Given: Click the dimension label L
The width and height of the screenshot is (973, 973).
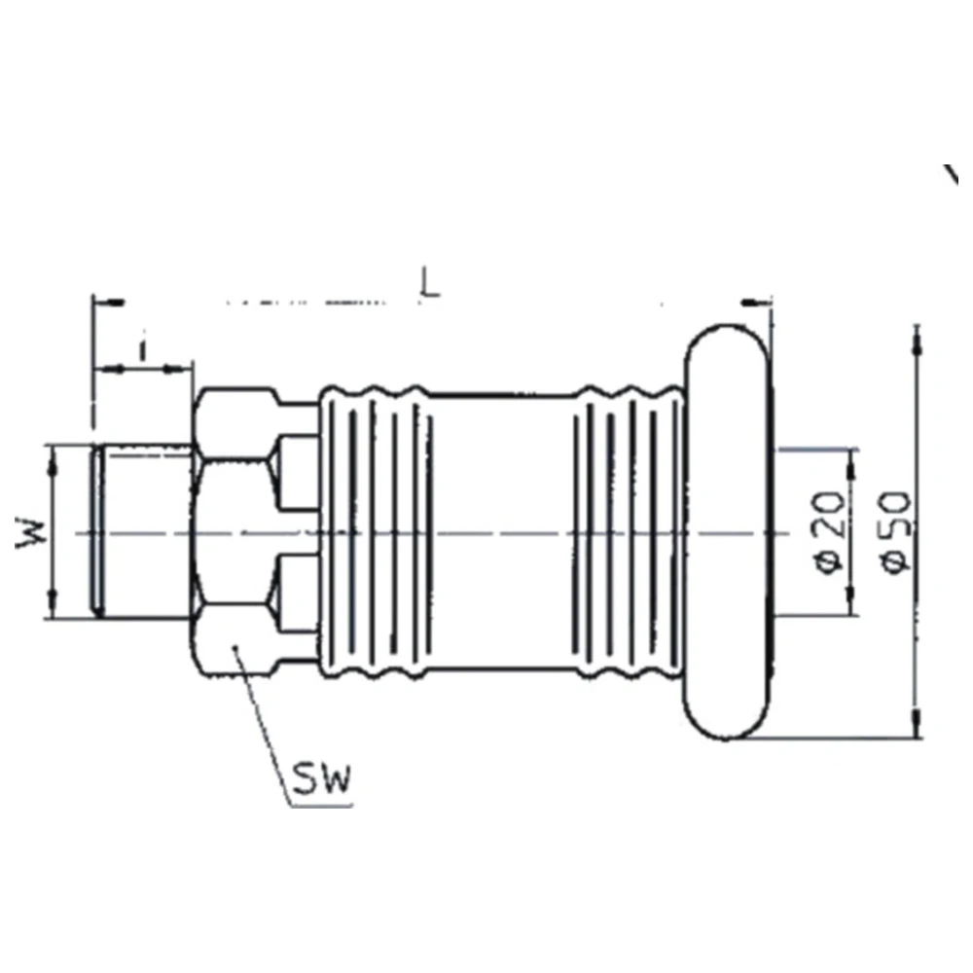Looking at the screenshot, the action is pyautogui.click(x=430, y=282).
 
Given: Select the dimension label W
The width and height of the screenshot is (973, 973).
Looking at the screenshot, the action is pyautogui.click(x=31, y=532).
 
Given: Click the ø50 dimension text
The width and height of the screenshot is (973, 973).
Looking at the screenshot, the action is pyautogui.click(x=895, y=532).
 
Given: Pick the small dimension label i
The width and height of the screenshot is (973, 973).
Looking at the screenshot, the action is pyautogui.click(x=143, y=350).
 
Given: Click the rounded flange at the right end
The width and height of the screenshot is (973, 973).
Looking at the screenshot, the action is pyautogui.click(x=728, y=532).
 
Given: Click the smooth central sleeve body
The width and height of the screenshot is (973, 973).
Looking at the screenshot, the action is pyautogui.click(x=504, y=532).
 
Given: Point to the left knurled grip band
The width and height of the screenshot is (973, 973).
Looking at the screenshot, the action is pyautogui.click(x=376, y=532).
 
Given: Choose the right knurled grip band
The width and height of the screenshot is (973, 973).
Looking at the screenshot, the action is pyautogui.click(x=630, y=532).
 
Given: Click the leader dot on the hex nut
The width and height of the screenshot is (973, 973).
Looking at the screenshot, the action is pyautogui.click(x=235, y=648).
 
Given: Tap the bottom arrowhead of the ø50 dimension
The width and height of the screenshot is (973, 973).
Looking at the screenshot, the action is pyautogui.click(x=917, y=724).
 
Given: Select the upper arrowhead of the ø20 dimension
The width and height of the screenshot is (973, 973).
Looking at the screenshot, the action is pyautogui.click(x=850, y=465).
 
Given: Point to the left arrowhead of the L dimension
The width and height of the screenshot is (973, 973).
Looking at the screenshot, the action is pyautogui.click(x=109, y=303).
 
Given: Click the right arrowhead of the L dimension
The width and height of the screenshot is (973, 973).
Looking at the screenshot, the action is pyautogui.click(x=757, y=303).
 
